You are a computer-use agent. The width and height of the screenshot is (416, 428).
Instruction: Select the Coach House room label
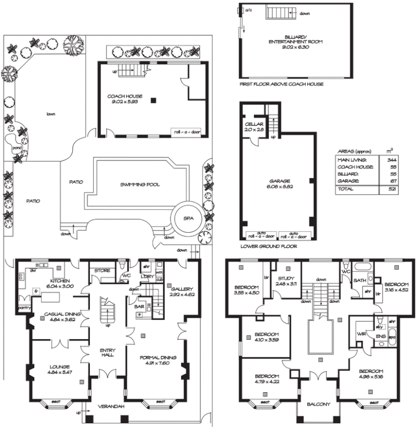click(124, 96)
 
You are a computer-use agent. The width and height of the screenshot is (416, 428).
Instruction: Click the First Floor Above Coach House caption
click(282, 84)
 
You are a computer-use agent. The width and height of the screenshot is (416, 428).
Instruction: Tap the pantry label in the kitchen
click(24, 309)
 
